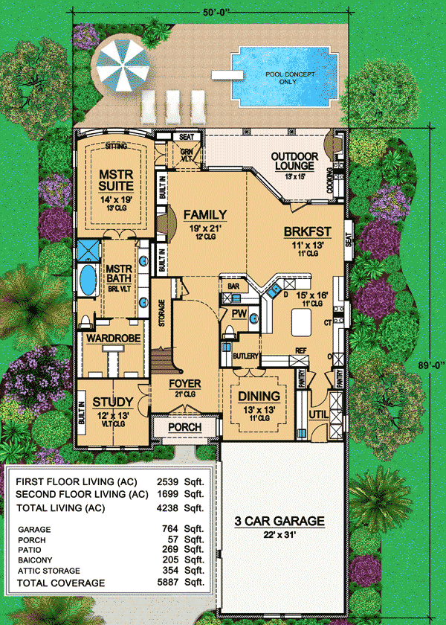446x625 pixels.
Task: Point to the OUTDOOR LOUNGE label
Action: (294, 161)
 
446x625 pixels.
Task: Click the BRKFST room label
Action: (301, 231)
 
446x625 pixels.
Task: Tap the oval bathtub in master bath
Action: (87, 281)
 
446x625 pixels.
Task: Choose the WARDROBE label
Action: (110, 339)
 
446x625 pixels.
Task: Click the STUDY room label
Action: (113, 403)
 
